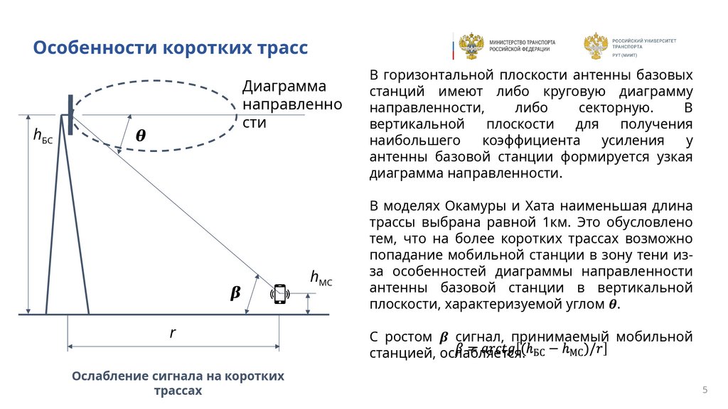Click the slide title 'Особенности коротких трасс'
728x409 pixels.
(x=171, y=48)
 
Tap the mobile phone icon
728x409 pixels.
(x=280, y=294)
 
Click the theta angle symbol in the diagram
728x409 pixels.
(x=141, y=136)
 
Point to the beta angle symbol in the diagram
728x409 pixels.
(x=235, y=293)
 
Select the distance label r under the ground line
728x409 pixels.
(x=172, y=332)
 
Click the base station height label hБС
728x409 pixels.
(x=43, y=136)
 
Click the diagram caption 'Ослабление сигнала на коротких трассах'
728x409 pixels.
(x=178, y=383)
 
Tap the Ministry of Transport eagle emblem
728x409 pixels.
(x=471, y=46)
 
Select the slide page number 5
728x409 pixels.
(x=705, y=390)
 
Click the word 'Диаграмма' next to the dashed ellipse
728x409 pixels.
(x=284, y=87)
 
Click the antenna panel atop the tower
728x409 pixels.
(x=70, y=107)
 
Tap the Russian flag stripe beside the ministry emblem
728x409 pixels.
(x=453, y=46)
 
